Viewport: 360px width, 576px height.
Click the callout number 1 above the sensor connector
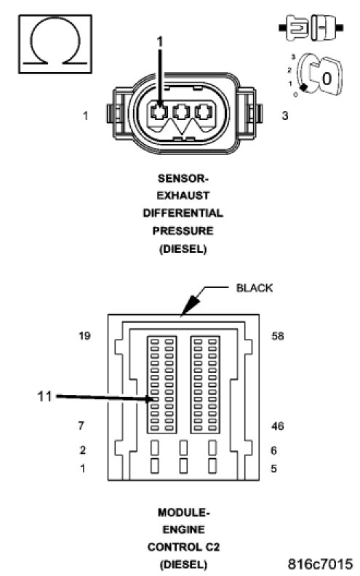[159, 42]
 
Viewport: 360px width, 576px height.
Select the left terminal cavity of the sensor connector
[159, 112]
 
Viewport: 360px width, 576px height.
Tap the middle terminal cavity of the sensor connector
[181, 111]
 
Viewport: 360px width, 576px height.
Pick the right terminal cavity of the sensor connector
[204, 111]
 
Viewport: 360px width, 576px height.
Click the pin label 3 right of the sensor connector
[285, 116]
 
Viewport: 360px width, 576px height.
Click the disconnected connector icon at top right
[311, 28]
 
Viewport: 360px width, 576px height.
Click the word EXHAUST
[183, 196]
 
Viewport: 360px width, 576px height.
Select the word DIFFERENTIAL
[183, 213]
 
